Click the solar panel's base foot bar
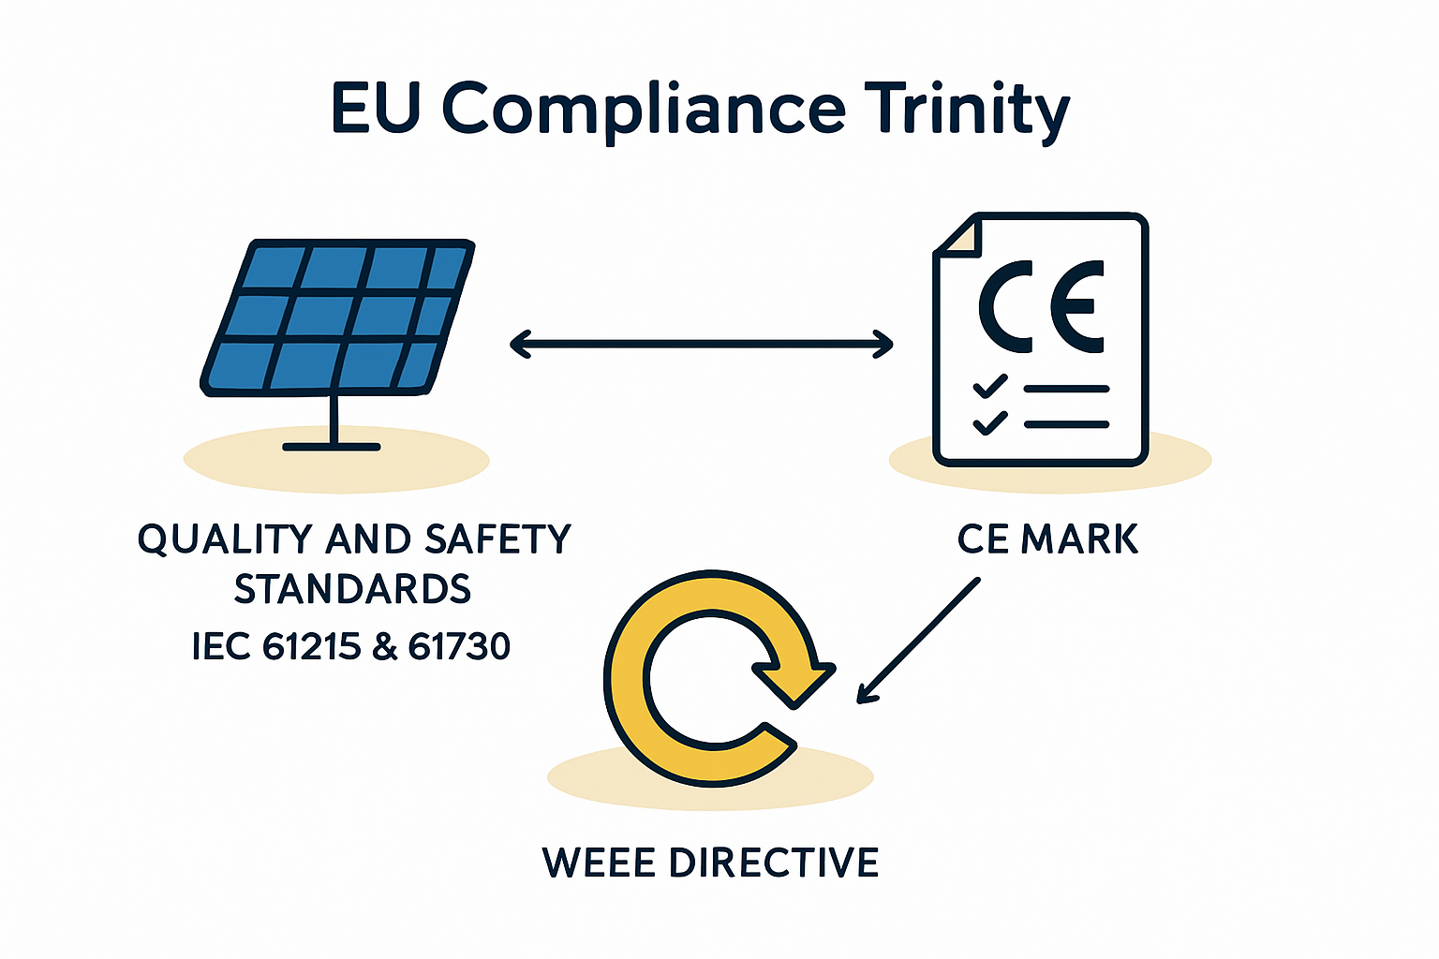[x=332, y=447]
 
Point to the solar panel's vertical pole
[x=334, y=418]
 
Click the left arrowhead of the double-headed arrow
[x=520, y=345]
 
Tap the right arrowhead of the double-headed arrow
[x=882, y=345]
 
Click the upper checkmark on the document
[x=990, y=386]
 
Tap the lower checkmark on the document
[x=990, y=422]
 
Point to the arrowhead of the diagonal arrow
[x=868, y=694]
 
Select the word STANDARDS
[x=352, y=589]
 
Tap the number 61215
[x=312, y=646]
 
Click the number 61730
[x=459, y=646]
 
